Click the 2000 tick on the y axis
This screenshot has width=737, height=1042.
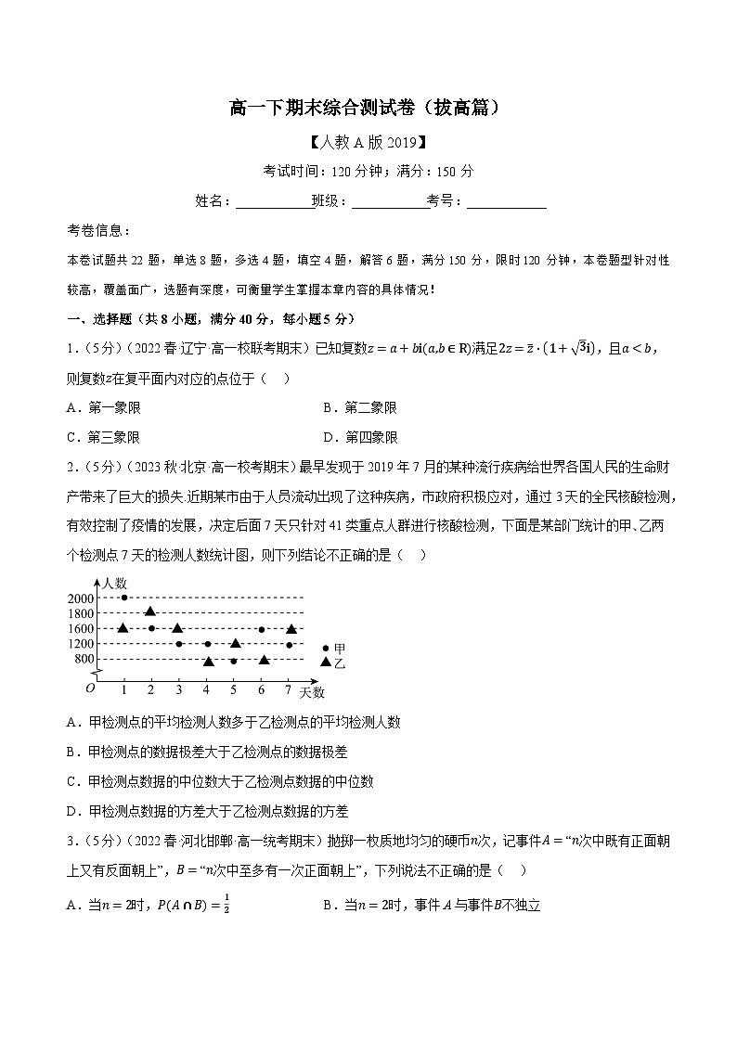click(82, 598)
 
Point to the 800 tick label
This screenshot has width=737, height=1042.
click(84, 660)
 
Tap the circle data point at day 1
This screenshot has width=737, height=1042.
click(124, 598)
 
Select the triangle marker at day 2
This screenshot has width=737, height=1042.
click(150, 611)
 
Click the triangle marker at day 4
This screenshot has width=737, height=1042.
click(209, 661)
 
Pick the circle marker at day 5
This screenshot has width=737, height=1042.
click(234, 661)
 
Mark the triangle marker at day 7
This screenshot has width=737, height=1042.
click(291, 628)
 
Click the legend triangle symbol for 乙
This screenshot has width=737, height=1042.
click(326, 661)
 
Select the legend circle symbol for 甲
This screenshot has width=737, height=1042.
click(326, 649)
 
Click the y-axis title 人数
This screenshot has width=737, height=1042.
click(115, 583)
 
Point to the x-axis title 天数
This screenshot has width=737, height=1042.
click(313, 692)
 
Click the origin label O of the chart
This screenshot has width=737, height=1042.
click(90, 688)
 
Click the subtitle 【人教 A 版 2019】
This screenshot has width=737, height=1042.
click(368, 143)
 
